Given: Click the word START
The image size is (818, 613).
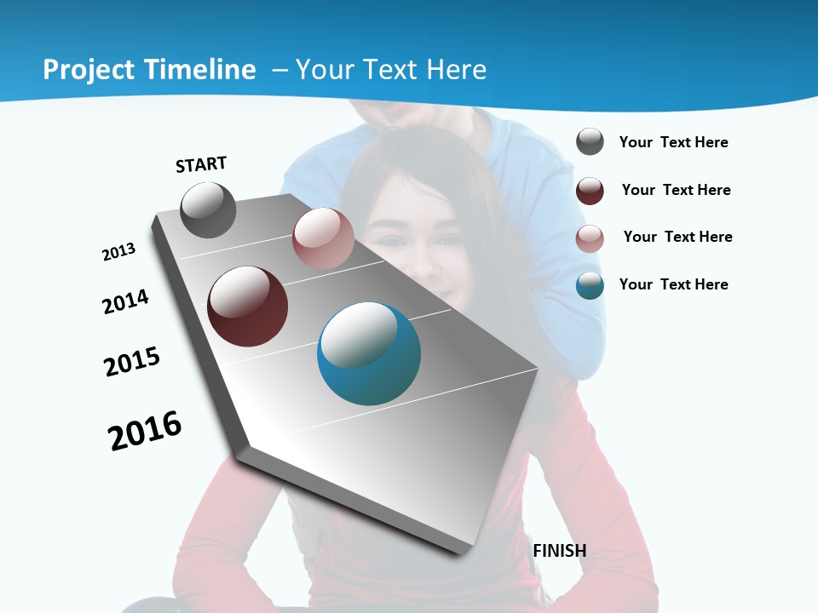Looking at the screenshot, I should point(201,164).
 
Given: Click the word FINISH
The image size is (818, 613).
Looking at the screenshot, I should point(560,551).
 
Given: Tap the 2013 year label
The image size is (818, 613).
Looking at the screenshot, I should point(119,252).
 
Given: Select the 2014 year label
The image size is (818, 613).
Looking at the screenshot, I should point(126,302).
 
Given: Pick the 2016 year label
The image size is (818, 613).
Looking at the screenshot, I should point(145,431).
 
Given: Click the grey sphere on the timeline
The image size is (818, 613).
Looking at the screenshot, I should point(208,209).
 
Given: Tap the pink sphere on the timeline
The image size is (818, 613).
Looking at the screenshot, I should point(323,238).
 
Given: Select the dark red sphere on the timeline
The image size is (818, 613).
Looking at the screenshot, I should point(248,306).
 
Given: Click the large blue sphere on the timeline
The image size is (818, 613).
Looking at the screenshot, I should point(369,353).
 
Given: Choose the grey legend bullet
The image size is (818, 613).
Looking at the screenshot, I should point(590,142).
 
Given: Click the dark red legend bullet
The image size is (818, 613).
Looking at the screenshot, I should point(590,191).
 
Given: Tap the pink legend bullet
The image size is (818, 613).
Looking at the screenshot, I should point(590,238).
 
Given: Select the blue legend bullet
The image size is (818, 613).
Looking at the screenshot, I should point(590,285).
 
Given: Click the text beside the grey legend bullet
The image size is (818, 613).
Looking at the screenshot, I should point(674,143).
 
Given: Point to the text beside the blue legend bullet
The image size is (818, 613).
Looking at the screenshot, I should point(674,284).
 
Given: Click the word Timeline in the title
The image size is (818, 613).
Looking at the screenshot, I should point(200,70).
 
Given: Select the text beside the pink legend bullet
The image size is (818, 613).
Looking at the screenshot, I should point(678,237).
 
